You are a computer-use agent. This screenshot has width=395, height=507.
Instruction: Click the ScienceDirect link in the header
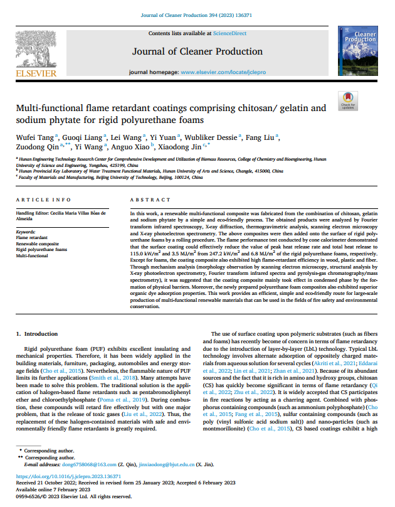[x=229, y=33]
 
